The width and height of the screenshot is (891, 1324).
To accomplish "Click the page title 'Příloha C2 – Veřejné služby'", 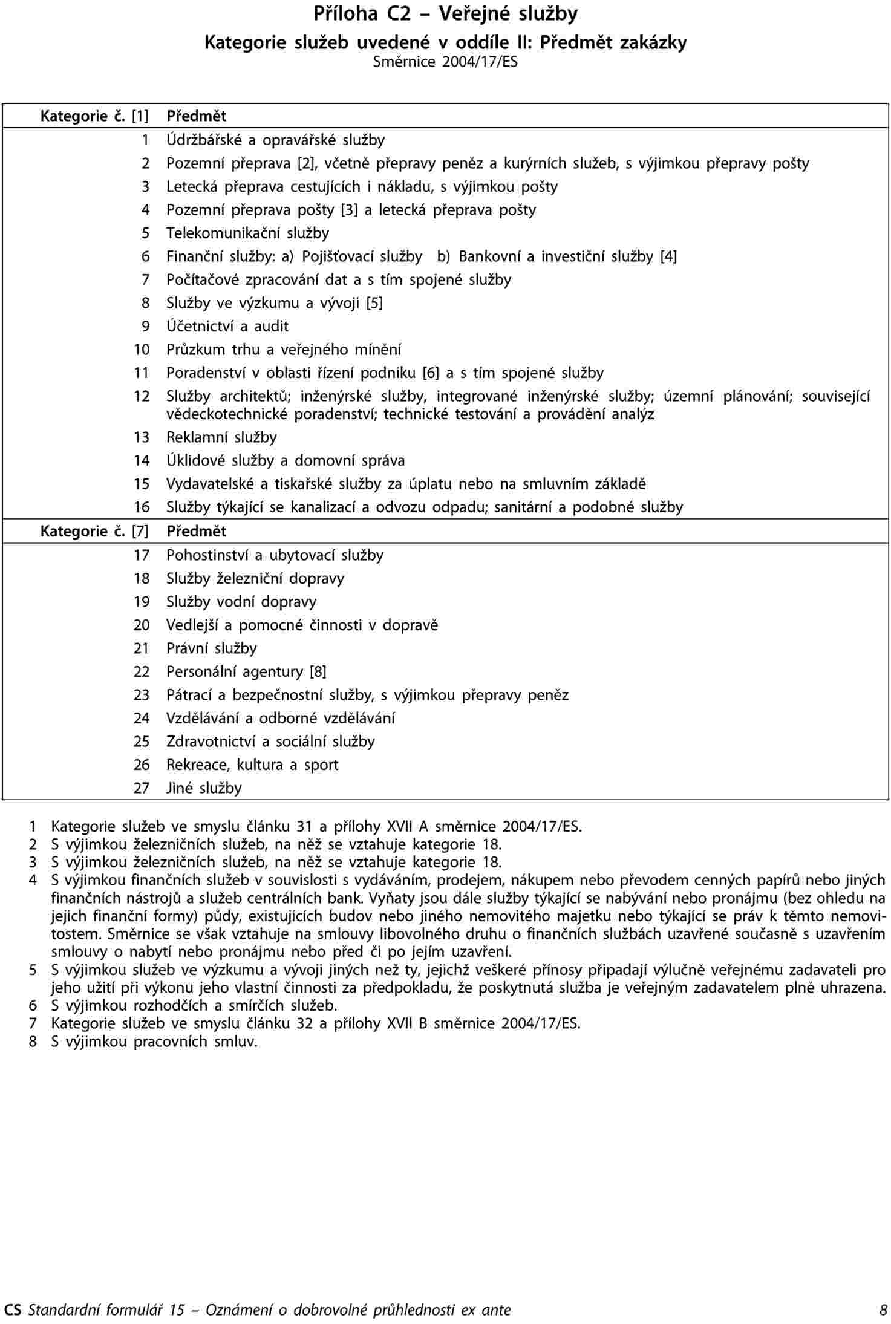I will (x=445, y=14).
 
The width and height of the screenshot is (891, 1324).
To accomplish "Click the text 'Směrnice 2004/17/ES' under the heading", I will (x=445, y=62).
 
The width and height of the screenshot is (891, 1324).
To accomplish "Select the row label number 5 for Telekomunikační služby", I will (x=145, y=233).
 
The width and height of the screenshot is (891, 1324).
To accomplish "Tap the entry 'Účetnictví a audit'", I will (x=227, y=327).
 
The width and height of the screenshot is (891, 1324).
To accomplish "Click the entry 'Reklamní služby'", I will (x=221, y=437).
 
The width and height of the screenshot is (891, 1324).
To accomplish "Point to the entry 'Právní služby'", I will (x=212, y=648).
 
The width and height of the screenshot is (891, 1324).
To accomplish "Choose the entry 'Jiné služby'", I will (x=204, y=788).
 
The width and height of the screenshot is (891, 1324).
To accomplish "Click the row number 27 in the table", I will (x=142, y=788).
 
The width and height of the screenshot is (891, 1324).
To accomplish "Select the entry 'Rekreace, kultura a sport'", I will (x=252, y=765).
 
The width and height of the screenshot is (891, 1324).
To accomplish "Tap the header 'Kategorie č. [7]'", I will (x=94, y=532).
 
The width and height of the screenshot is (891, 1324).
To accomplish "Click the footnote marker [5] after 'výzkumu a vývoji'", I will (x=374, y=303).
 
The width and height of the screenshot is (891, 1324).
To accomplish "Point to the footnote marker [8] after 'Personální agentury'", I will (x=318, y=672).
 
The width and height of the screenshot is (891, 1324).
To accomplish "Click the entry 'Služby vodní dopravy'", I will (x=241, y=602).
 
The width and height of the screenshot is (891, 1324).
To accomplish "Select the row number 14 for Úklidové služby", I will (x=142, y=461).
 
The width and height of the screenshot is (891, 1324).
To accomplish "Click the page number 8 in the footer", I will (x=883, y=1310).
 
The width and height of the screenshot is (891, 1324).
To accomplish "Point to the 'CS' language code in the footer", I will (x=12, y=1310).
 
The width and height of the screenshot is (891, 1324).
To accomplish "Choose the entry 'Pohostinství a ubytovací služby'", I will (x=275, y=555).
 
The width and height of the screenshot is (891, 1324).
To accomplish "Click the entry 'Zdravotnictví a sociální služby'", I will (x=270, y=742).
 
